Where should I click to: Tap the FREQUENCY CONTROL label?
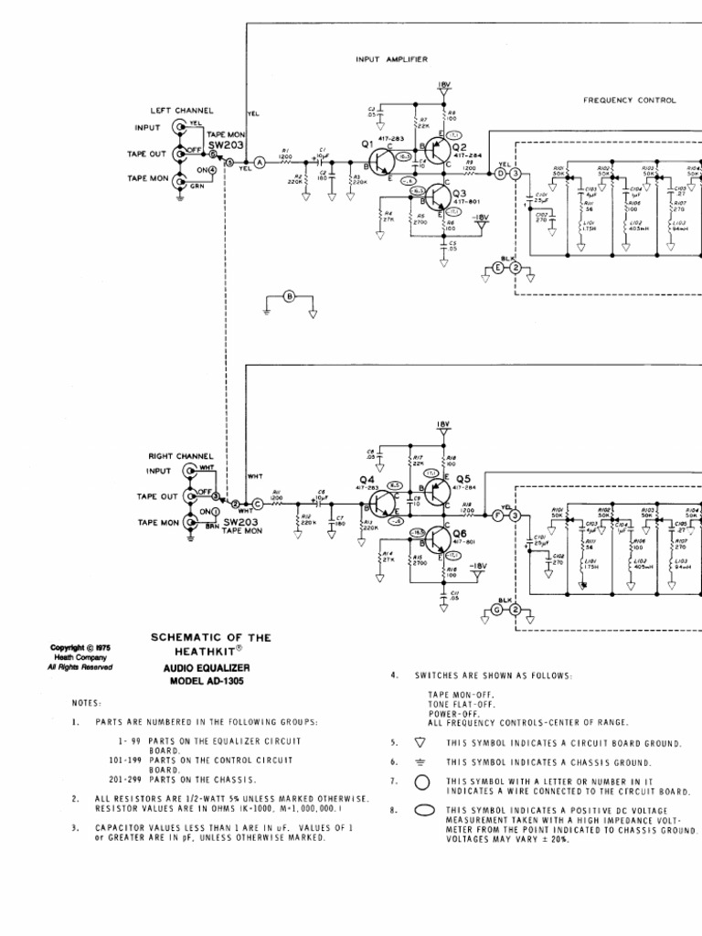click(630, 101)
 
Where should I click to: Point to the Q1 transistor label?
click(367, 144)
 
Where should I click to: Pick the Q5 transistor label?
click(463, 478)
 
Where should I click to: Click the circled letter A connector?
click(259, 162)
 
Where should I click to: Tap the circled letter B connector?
click(289, 296)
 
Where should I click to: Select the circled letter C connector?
click(257, 504)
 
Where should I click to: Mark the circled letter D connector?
click(499, 174)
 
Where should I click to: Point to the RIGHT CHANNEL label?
click(181, 455)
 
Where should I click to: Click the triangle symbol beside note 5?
click(420, 743)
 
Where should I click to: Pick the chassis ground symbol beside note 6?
click(420, 761)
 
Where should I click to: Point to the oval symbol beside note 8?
click(421, 810)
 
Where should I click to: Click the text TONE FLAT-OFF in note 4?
click(462, 705)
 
